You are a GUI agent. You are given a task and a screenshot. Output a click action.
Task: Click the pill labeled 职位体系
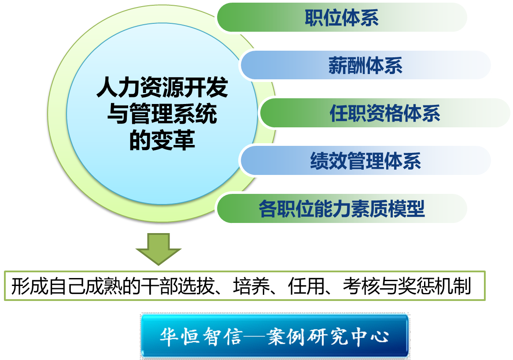click(342, 17)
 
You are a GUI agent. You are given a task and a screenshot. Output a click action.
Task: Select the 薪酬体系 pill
click(365, 65)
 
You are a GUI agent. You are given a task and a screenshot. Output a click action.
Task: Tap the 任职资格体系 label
click(385, 113)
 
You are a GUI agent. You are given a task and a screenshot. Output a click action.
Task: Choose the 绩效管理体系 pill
click(365, 161)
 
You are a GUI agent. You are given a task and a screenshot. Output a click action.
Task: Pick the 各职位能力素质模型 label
click(342, 209)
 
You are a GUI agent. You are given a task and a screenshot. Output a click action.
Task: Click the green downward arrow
click(159, 249)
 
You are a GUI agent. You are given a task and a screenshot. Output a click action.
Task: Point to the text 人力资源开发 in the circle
click(162, 87)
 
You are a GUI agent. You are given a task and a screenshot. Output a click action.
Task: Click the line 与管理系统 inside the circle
click(162, 114)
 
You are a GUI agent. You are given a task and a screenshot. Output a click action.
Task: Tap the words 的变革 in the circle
click(162, 140)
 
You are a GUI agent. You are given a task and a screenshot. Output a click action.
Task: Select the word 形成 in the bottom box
click(30, 286)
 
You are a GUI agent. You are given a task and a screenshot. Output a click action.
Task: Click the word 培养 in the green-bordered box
click(251, 286)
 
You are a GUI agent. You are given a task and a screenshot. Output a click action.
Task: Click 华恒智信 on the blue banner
click(201, 337)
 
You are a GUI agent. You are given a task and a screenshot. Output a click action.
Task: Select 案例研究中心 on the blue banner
click(328, 337)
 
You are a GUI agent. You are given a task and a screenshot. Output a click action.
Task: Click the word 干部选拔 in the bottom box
click(177, 286)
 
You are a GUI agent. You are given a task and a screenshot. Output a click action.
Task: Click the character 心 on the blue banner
click(380, 337)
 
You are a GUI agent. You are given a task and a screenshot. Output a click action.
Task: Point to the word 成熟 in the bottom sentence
click(103, 286)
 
